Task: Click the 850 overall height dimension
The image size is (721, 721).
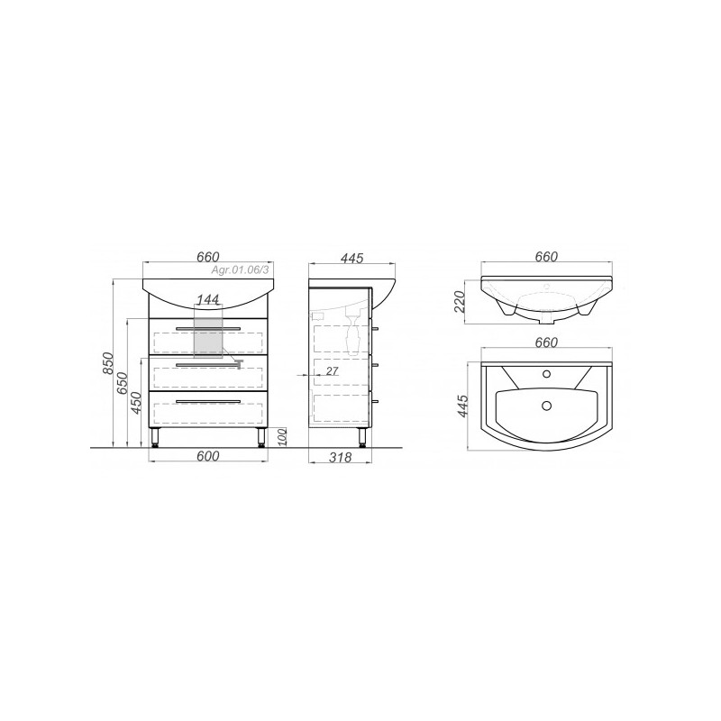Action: (107, 363)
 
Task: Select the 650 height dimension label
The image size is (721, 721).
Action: (122, 382)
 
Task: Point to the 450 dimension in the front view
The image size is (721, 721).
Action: (135, 403)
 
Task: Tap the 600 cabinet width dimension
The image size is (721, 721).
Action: (208, 456)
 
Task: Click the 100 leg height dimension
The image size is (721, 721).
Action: (282, 437)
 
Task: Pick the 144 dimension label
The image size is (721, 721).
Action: (208, 300)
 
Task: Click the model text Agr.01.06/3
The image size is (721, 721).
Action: (240, 271)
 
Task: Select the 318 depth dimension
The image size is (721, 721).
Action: (341, 457)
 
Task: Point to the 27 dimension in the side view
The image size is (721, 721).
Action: (332, 370)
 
